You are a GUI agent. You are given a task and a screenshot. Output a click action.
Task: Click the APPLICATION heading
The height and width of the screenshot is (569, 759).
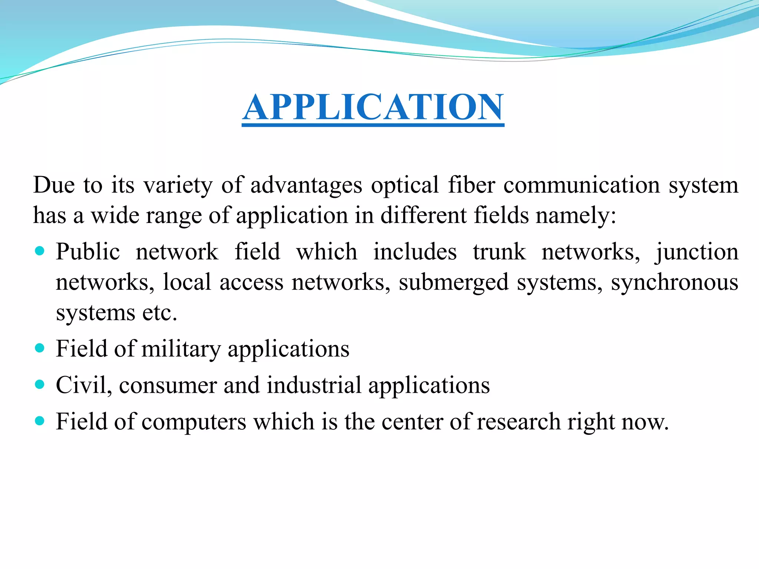pos(373,107)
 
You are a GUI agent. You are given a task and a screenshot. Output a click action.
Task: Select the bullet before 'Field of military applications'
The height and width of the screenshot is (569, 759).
pos(39,348)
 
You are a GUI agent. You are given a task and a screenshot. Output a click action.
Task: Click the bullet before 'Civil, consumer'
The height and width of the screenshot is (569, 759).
pos(39,385)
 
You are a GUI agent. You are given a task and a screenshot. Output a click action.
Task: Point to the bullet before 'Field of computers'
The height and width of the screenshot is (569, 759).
pos(39,421)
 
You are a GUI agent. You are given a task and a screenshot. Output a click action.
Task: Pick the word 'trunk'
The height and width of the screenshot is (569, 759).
pos(499,252)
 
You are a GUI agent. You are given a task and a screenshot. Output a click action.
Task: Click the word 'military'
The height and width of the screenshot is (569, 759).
pos(181,349)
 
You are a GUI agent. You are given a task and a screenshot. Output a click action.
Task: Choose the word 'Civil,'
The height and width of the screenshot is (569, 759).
pos(84,385)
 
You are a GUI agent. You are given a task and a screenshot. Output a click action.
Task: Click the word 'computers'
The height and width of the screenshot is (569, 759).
pos(194,422)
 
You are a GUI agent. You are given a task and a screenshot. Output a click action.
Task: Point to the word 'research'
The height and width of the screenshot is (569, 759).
pos(518,422)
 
